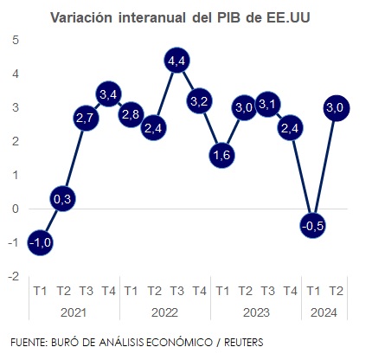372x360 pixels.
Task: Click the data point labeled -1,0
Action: (40, 242)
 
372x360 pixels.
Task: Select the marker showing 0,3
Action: (62, 198)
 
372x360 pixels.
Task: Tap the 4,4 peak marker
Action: (176, 61)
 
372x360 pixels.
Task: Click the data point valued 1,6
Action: (221, 155)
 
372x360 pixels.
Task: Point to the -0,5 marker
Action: (312, 225)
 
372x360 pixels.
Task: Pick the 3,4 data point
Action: (108, 93)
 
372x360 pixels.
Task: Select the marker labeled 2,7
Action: (85, 118)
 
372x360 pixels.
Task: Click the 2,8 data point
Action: (131, 114)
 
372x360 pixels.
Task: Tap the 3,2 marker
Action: (199, 100)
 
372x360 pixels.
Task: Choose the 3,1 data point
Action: (266, 104)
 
